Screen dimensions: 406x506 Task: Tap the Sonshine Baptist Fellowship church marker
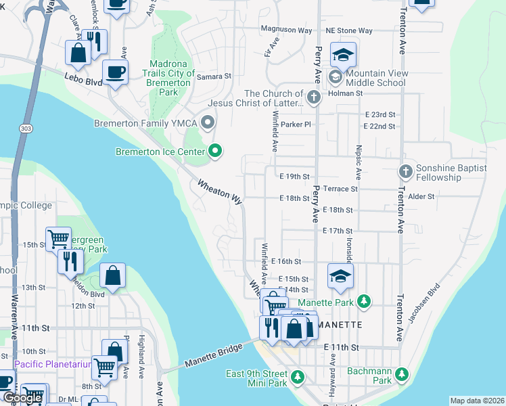point(405,172)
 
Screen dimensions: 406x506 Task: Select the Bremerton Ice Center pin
point(216,151)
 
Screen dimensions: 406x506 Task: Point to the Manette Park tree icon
point(364,300)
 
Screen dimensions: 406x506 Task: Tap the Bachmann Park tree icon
point(402,374)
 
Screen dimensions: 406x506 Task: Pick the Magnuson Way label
point(287,30)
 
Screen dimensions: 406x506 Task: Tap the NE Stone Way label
point(348,30)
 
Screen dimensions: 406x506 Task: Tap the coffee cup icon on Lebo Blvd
point(115,72)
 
